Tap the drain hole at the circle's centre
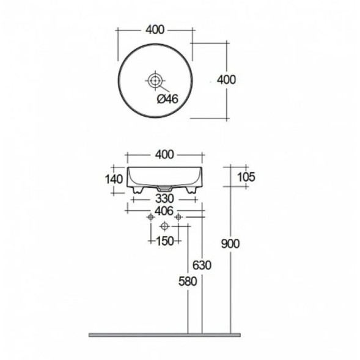[x=155, y=80]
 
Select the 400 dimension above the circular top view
[x=155, y=28]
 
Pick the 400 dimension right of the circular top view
[x=226, y=79]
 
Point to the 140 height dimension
[x=113, y=179]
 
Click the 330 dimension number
[x=163, y=199]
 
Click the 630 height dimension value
[x=202, y=265]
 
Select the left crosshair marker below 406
[x=150, y=218]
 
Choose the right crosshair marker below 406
[x=178, y=218]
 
